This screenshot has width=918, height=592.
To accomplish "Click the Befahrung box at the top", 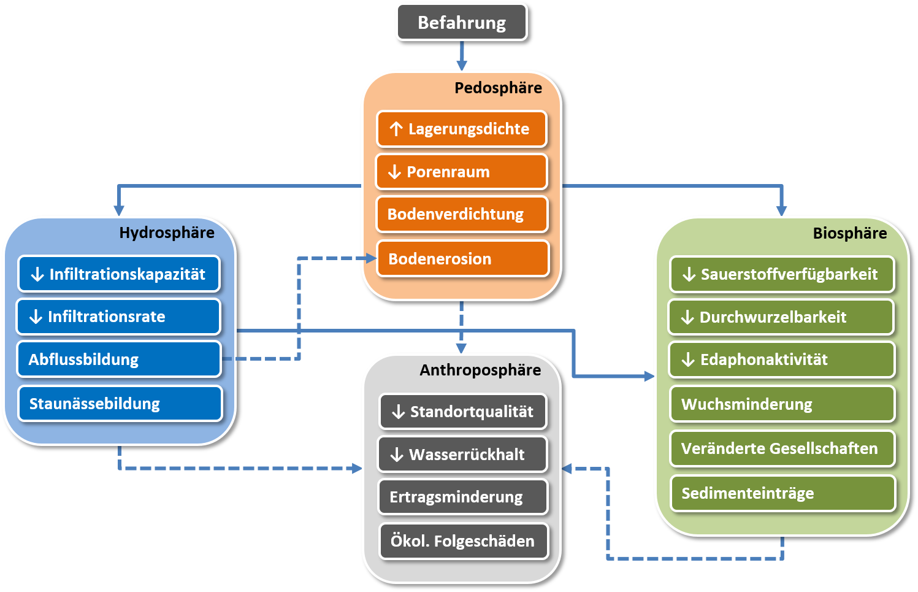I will coord(462,23).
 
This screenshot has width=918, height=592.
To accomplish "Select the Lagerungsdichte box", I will coord(462,129).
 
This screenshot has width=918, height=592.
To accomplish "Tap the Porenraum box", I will coord(462,172).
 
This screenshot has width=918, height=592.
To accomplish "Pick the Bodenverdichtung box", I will coord(462,214).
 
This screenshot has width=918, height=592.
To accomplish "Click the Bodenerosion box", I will coord(463,259).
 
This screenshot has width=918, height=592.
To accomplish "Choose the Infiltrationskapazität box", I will coord(119,274).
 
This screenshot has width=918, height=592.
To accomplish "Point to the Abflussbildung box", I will coord(119,359).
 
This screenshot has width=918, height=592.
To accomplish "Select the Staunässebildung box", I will coord(120,404).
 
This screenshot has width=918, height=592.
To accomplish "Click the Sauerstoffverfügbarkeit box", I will coord(782,274).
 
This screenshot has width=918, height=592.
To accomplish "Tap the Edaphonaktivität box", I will coord(782,359).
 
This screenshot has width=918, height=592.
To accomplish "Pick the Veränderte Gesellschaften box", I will coord(782,448).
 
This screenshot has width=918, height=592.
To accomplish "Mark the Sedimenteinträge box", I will coord(783,493).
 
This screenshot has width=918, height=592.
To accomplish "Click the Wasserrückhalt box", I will coord(462,455).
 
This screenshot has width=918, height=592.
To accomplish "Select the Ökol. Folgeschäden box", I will coord(464,541).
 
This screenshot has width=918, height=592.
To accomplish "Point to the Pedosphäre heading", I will coord(498,88).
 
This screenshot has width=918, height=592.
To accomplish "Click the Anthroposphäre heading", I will coord(480,370).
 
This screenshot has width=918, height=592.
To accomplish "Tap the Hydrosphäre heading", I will coord(167,233).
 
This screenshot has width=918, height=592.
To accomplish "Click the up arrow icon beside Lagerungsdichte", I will coord(396,129).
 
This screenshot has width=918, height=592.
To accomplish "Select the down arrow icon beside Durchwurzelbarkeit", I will coord(687,317).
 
